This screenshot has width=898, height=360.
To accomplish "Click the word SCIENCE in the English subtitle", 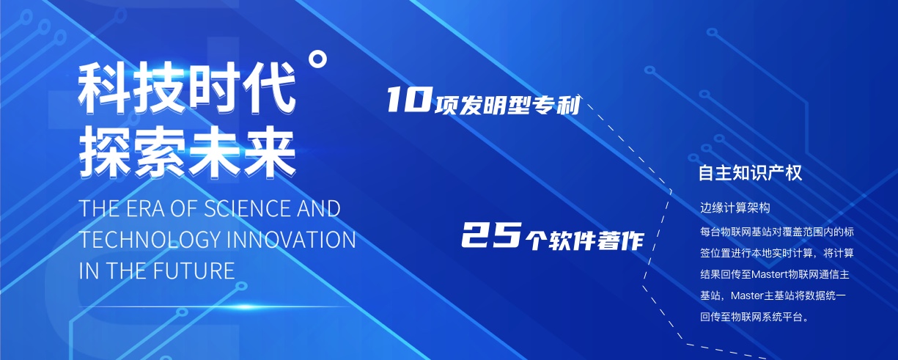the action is click(247, 209).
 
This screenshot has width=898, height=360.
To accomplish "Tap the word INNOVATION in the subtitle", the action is click(290, 240).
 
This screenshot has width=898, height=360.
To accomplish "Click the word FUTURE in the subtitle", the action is click(194, 271).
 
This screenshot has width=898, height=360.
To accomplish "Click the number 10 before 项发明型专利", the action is click(409, 100).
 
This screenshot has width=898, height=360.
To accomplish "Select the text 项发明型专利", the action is click(507, 106).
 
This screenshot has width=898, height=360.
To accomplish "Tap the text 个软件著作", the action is click(585, 240).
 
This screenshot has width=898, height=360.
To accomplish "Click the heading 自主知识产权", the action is click(750, 173).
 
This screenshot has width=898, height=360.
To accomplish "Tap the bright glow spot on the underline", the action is click(245, 307).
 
